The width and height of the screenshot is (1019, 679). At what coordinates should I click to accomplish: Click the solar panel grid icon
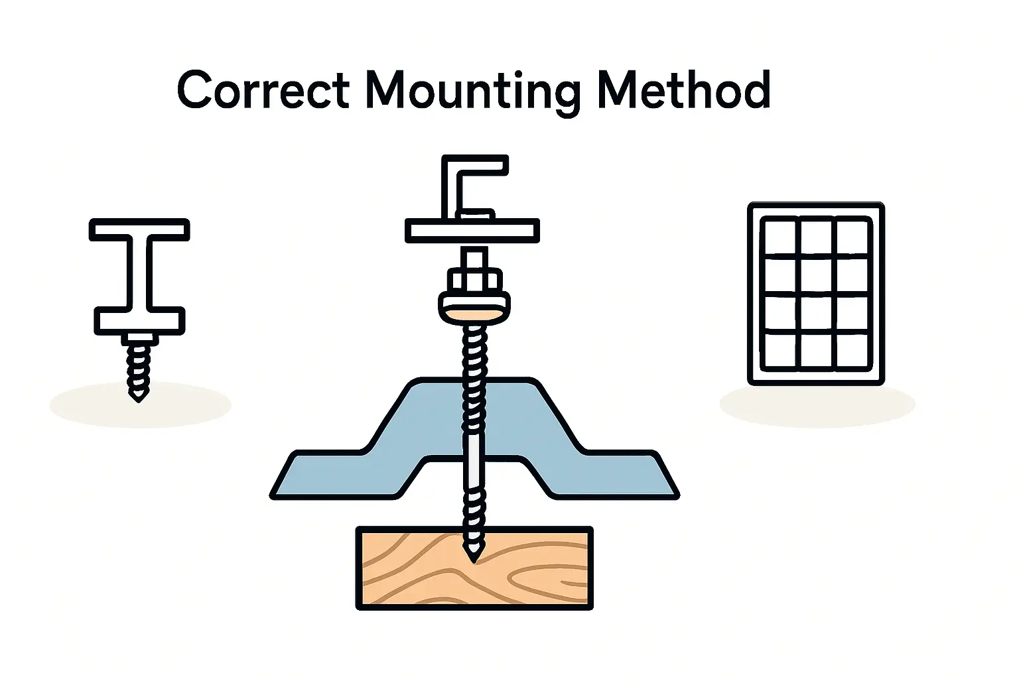coord(815,293)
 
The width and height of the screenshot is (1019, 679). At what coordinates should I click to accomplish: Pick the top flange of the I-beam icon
coord(139,229)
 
